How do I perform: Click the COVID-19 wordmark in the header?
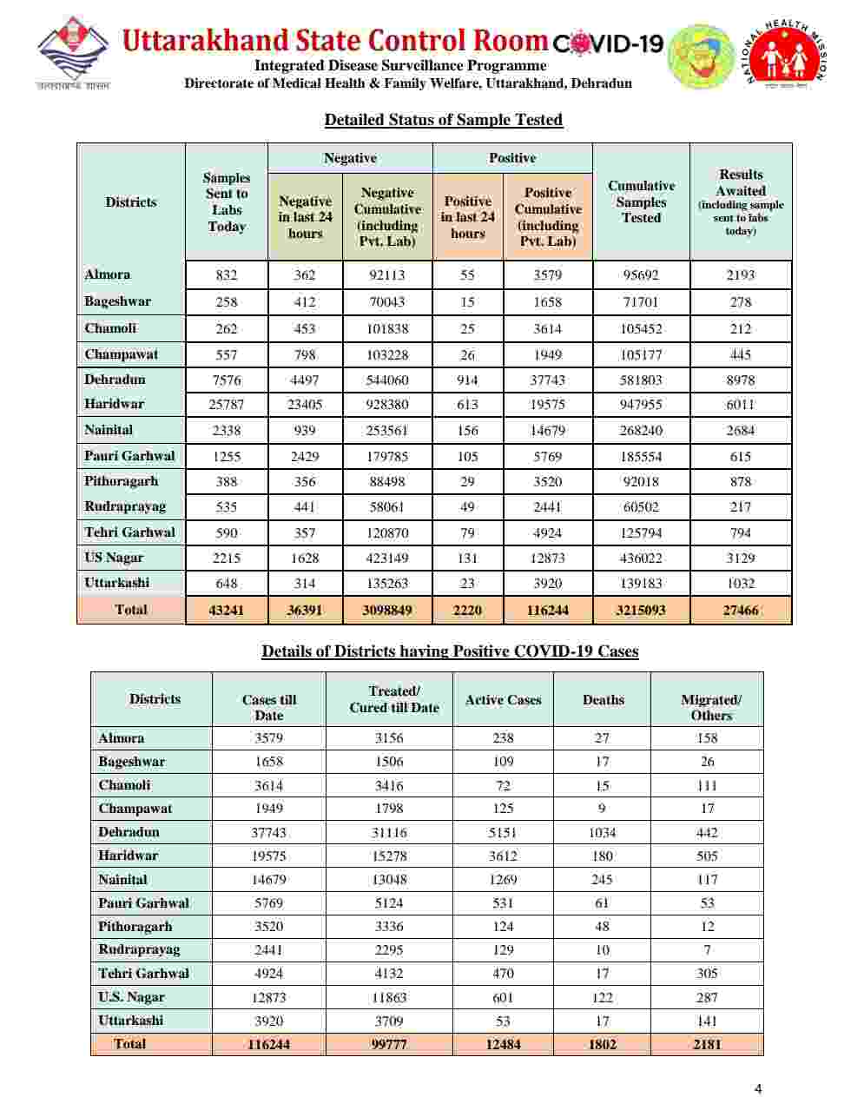coord(608,43)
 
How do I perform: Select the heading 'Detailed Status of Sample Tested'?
coord(443,120)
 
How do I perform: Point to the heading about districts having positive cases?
coord(450,651)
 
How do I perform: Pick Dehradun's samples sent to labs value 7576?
coord(227,380)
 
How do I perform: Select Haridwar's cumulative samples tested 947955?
coord(641,405)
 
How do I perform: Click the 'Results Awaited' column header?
coord(741,202)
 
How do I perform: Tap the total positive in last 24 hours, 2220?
coord(467,610)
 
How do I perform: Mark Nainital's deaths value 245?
coord(602,879)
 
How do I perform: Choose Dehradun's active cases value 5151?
coord(503,832)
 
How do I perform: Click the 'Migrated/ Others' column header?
coord(710,707)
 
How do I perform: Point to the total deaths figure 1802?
coord(602,1044)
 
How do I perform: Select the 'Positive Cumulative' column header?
coord(548,216)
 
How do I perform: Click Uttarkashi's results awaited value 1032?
coord(741,584)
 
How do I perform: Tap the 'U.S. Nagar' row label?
coord(131,997)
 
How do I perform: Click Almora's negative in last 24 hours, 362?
coord(305,275)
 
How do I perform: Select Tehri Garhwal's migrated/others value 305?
coord(707,974)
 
